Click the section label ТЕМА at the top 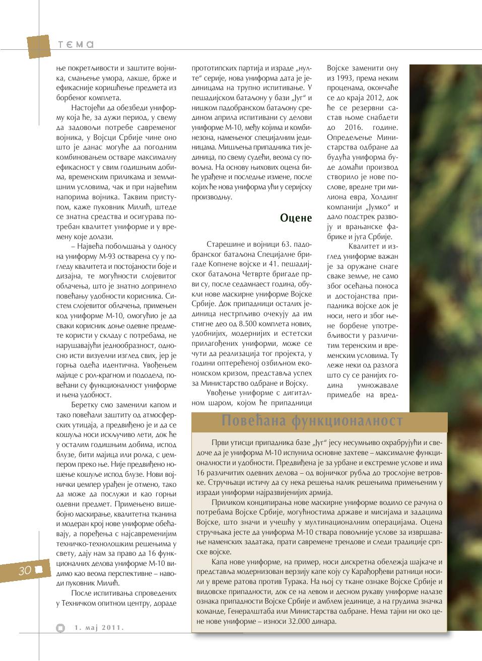pos(76,44)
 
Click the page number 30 pos(25,570)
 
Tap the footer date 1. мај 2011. pos(99,627)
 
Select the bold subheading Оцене pos(296,217)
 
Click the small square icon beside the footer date pos(60,627)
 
